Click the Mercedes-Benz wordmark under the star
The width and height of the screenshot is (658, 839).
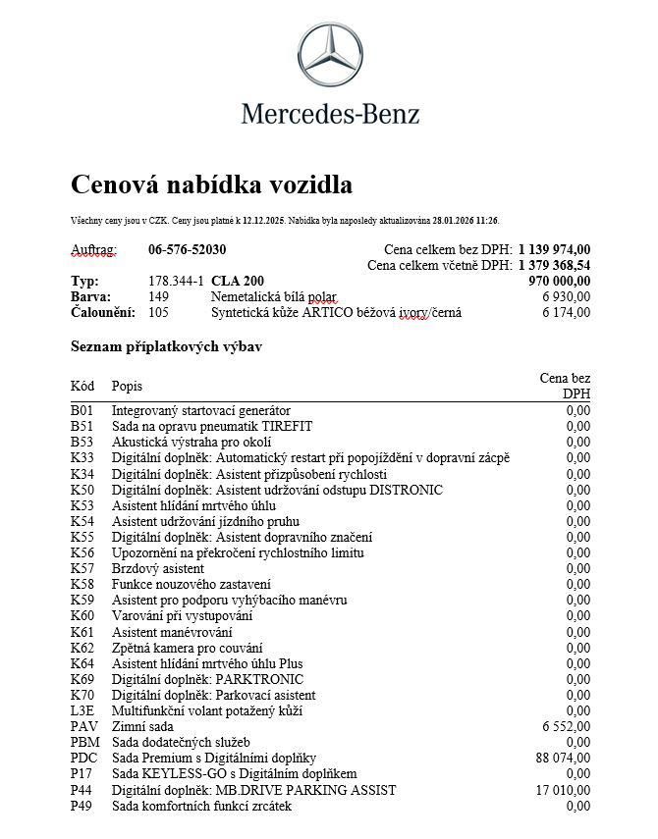[x=330, y=114]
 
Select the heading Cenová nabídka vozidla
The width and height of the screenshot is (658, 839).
[x=211, y=184]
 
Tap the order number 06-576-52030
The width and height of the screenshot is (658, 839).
[x=187, y=249]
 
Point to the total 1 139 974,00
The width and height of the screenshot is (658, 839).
[x=555, y=249]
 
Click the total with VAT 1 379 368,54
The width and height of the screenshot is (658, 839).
[x=555, y=265]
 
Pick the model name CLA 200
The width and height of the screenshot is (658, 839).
[x=238, y=281]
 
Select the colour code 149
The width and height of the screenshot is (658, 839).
[x=158, y=296]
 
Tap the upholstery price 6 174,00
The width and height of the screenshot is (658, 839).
[x=566, y=312]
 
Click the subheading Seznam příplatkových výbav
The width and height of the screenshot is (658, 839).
[x=166, y=346]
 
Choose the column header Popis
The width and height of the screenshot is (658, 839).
[x=127, y=386]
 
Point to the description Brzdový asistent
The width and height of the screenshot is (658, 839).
[x=158, y=568]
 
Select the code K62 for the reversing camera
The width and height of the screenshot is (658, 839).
[x=82, y=648]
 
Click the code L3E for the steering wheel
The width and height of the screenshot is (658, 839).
[x=82, y=710]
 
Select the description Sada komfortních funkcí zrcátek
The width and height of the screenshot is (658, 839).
[x=201, y=806]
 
